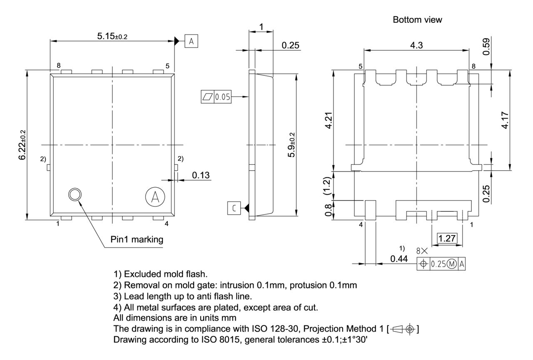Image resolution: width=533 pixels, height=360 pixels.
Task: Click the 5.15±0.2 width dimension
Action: click(112, 36)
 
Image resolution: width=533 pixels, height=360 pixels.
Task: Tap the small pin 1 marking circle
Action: click(75, 194)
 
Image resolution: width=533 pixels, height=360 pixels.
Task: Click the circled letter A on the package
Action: click(155, 197)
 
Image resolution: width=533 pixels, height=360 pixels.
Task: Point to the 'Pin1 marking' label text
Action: click(137, 240)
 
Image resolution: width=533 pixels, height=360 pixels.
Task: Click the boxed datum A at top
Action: click(191, 41)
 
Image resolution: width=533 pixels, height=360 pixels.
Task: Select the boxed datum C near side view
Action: click(233, 208)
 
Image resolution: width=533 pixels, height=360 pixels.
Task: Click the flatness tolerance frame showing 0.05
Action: click(216, 97)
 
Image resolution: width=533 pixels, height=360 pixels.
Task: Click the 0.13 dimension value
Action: click(201, 175)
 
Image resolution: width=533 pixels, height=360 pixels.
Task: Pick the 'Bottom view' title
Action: click(417, 20)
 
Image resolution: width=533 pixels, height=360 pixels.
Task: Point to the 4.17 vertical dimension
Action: click(506, 120)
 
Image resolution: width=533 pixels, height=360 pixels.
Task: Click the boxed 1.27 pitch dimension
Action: click(447, 238)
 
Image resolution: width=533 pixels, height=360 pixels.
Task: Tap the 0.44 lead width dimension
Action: click(399, 259)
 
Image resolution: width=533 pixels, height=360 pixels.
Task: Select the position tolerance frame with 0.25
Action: click(441, 264)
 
